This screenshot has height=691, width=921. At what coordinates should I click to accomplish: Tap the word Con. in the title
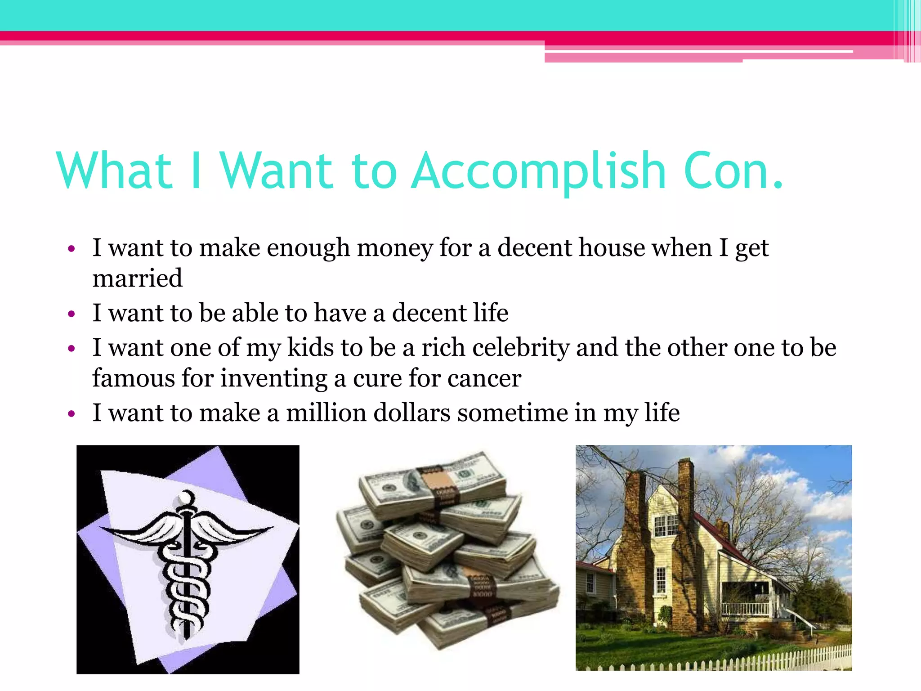733,171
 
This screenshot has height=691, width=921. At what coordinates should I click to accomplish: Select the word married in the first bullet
138,278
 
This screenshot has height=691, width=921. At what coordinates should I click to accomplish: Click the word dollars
412,413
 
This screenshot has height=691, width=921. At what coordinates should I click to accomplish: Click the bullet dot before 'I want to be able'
71,314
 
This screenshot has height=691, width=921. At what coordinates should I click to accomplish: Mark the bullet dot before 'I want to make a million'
71,414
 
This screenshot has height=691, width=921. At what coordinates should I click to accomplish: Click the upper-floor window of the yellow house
666,525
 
